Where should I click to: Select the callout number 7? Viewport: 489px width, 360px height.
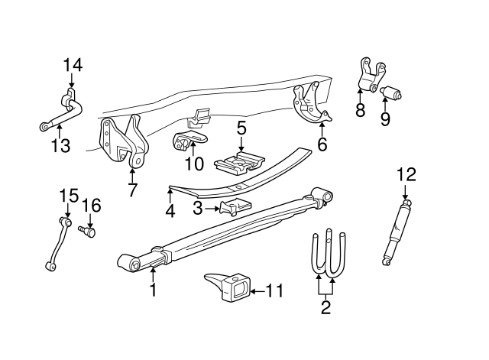pyautogui.click(x=133, y=190)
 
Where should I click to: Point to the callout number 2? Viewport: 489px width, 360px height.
pyautogui.click(x=325, y=309)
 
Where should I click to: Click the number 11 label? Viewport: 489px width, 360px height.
pyautogui.click(x=274, y=290)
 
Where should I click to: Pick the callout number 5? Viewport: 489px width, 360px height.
pyautogui.click(x=241, y=128)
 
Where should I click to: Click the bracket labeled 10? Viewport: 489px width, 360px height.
pyautogui.click(x=187, y=142)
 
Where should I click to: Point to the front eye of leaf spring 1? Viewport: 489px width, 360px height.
pyautogui.click(x=134, y=264)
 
